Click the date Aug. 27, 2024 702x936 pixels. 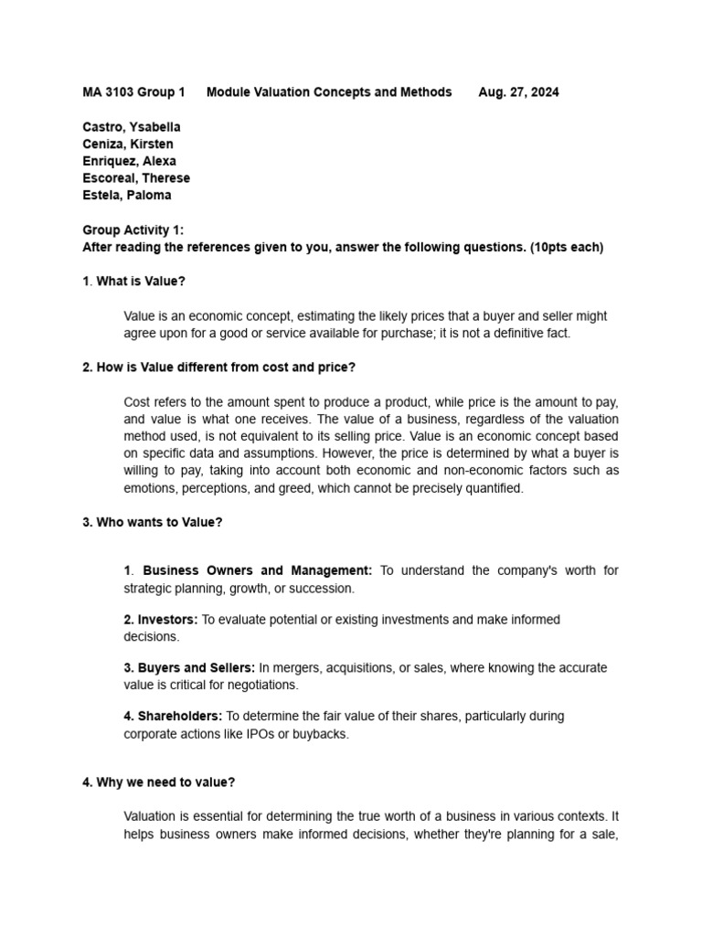pyautogui.click(x=518, y=92)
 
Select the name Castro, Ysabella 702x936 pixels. pyautogui.click(x=132, y=127)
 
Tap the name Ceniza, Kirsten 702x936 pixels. pyautogui.click(x=128, y=144)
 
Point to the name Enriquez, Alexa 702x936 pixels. pyautogui.click(x=130, y=161)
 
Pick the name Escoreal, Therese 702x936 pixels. pyautogui.click(x=136, y=178)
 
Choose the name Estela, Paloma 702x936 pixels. pyautogui.click(x=127, y=195)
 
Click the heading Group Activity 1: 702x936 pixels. pyautogui.click(x=133, y=230)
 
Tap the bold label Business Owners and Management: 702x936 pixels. pyautogui.click(x=258, y=570)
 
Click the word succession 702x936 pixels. pyautogui.click(x=322, y=588)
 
